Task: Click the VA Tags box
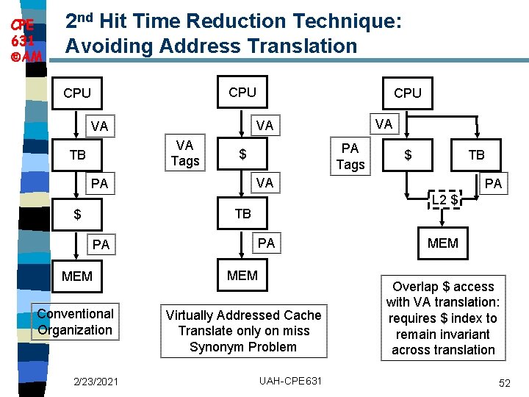click(185, 153)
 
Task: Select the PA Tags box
click(350, 156)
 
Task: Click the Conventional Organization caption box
click(75, 322)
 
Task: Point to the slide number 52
click(504, 382)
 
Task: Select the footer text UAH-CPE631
click(290, 382)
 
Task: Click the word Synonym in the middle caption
click(215, 347)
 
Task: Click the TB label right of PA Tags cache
click(476, 155)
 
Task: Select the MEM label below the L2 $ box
click(443, 243)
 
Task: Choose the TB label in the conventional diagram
click(77, 155)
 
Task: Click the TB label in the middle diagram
click(242, 214)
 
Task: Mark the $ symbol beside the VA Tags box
click(242, 155)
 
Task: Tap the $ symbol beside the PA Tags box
click(409, 155)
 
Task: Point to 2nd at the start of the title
click(82, 21)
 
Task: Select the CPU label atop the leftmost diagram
click(77, 93)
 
